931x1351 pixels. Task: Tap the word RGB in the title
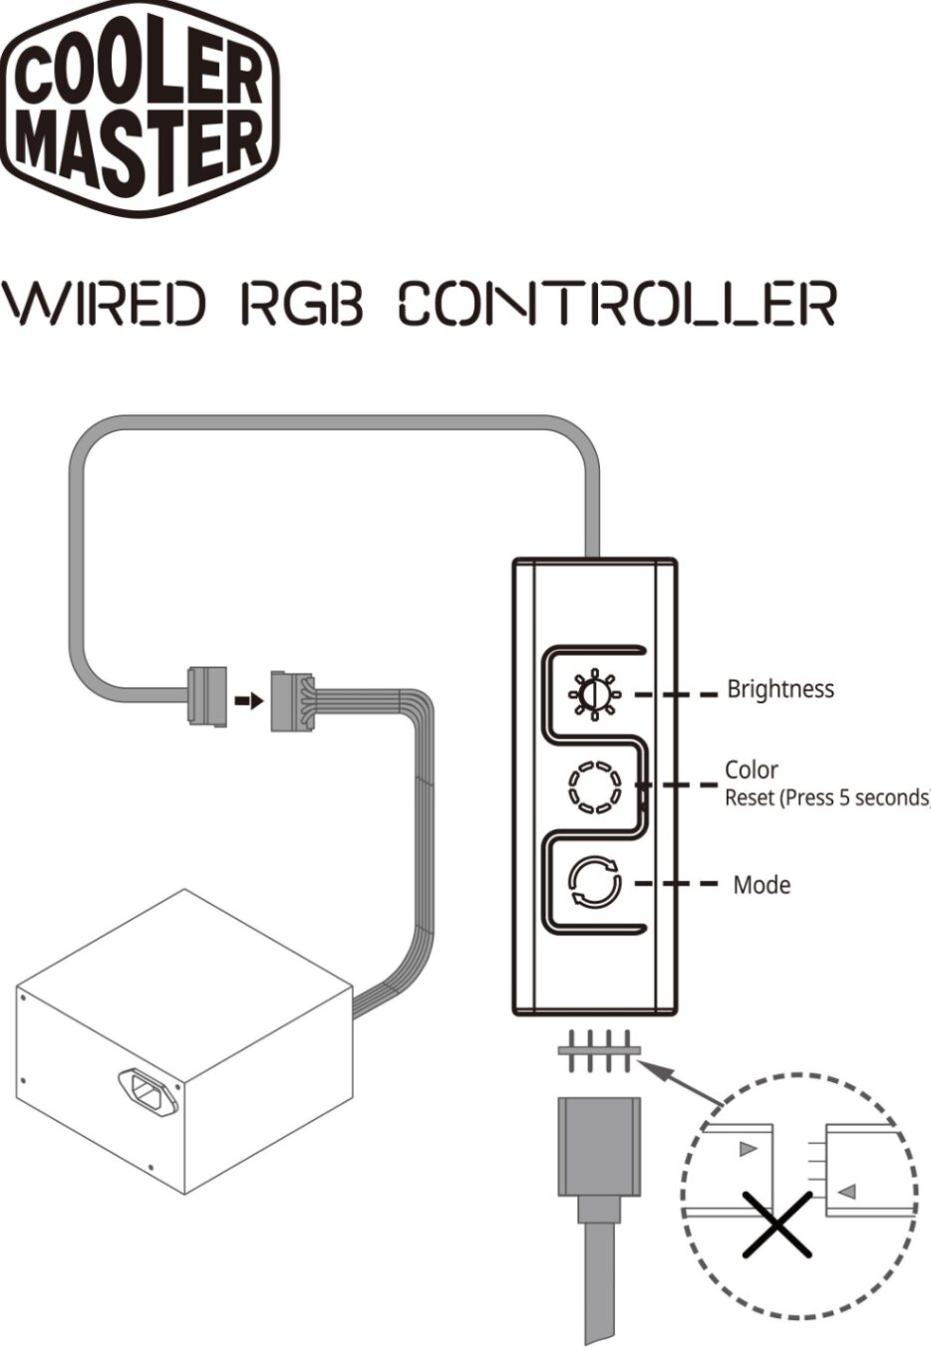(x=301, y=304)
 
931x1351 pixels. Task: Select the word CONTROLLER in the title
(x=616, y=304)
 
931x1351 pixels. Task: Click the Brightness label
(x=779, y=688)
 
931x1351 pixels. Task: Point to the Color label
(x=751, y=769)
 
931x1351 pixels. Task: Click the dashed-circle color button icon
(x=594, y=787)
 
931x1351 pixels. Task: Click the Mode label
(x=762, y=885)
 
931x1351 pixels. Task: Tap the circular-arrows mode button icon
(x=594, y=884)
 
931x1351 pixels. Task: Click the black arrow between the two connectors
(x=249, y=700)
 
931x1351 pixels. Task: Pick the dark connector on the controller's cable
(x=207, y=695)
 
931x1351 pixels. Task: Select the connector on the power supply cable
(x=291, y=700)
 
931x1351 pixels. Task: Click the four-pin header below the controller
(x=596, y=1051)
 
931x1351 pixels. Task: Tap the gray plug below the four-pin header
(x=598, y=1146)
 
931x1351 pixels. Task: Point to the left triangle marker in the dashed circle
(x=749, y=1149)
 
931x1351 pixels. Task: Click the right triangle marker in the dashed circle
(x=846, y=1191)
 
